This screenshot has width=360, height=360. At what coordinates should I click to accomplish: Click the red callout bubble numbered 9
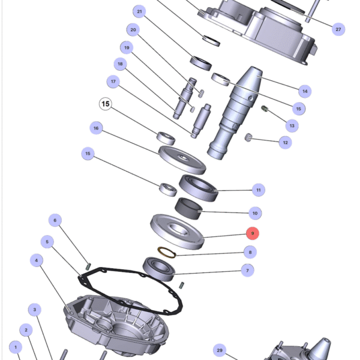tap(253, 233)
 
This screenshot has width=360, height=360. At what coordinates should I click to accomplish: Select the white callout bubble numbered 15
tap(106, 104)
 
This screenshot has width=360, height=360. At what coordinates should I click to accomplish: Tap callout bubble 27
tap(338, 29)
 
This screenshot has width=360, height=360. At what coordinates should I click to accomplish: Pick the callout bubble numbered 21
tap(139, 11)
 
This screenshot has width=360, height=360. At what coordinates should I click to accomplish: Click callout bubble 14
tap(305, 91)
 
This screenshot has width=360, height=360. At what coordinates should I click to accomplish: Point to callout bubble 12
tap(285, 142)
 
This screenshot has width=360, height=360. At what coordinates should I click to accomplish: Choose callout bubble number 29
tap(220, 350)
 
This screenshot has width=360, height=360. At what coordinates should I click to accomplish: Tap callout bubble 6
tap(55, 220)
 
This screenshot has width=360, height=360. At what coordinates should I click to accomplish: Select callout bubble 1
tap(16, 347)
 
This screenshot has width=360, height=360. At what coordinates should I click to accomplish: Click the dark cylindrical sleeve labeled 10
tap(188, 208)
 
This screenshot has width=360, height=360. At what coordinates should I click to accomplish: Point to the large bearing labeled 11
tap(199, 188)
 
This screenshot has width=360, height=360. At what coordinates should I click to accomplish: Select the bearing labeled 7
tap(159, 269)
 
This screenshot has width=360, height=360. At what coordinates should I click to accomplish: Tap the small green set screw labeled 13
tap(265, 109)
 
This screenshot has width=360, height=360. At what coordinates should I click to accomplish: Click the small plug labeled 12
tap(248, 137)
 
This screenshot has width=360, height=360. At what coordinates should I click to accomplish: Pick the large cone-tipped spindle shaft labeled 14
tap(235, 113)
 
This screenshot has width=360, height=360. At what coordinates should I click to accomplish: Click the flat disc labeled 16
tap(182, 160)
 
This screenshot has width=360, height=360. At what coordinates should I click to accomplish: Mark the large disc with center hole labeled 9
tap(177, 232)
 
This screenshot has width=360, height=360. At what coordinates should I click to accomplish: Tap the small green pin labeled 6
tap(88, 266)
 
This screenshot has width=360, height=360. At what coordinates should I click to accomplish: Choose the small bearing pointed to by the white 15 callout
tap(166, 138)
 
